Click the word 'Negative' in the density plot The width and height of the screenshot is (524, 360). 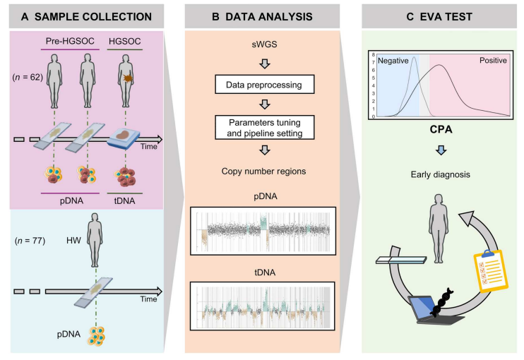click(395, 61)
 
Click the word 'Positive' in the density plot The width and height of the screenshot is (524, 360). click(492, 61)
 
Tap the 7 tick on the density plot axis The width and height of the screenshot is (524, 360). click(371, 64)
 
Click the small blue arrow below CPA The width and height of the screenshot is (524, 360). click(441, 150)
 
